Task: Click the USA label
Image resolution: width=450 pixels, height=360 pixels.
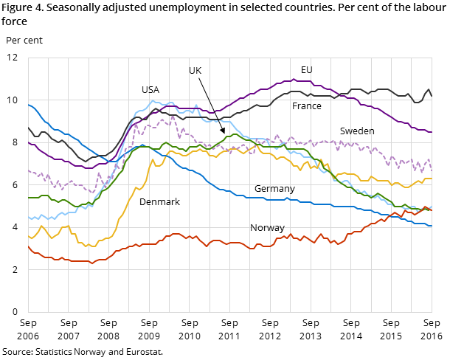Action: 150,90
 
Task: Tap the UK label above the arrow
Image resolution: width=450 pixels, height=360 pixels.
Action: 195,71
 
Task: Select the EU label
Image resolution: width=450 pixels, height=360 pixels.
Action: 307,70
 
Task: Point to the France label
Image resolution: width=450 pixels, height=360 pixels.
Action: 307,106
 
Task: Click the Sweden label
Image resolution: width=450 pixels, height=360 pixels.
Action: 357,131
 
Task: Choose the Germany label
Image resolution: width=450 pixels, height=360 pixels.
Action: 274,189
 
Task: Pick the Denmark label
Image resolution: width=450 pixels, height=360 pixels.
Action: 159,202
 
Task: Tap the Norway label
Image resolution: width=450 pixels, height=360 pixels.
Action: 267,228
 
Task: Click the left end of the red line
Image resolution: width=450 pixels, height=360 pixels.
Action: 29,246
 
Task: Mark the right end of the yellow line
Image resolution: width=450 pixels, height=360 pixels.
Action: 432,179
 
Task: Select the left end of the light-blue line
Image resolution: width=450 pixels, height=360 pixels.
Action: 29,218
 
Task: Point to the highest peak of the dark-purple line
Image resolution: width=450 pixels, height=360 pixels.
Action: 294,79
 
